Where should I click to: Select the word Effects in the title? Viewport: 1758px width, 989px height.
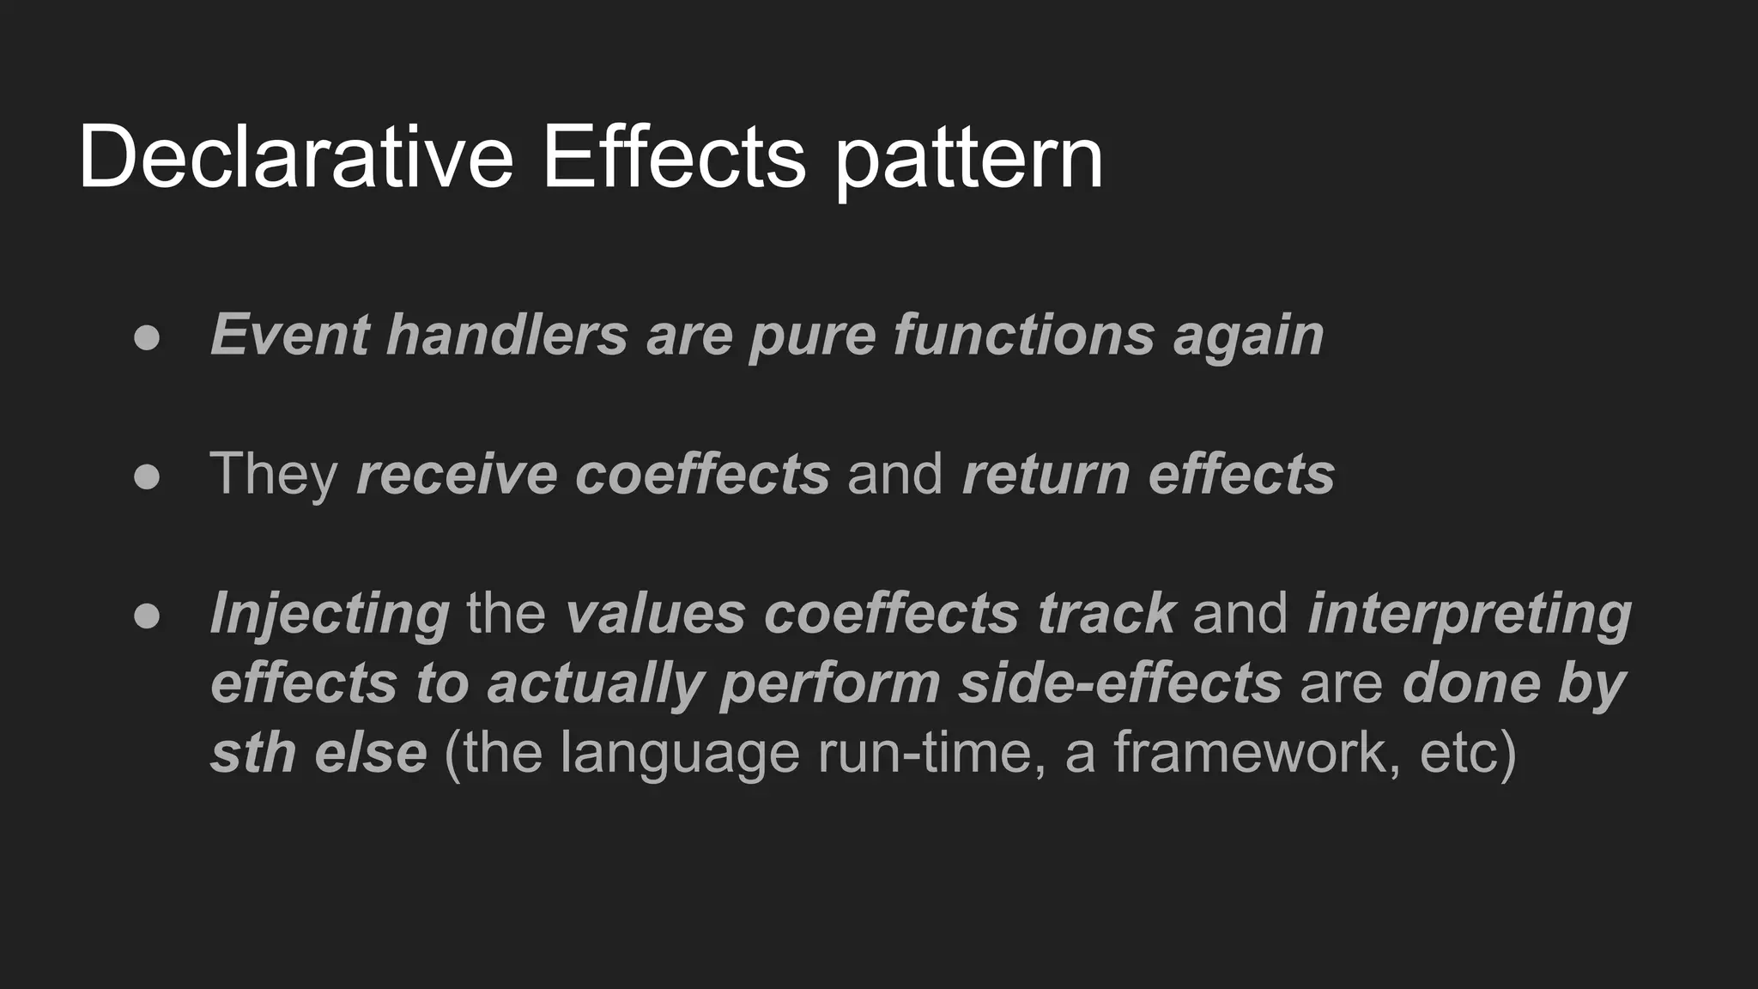point(674,157)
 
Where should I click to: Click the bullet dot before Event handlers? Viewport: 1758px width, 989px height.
point(147,337)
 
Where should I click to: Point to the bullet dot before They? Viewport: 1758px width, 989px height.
point(147,476)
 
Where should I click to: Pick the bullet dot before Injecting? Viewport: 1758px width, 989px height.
point(147,616)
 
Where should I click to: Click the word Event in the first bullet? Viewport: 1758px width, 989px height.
point(290,334)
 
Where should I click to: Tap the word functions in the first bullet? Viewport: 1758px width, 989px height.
point(1023,334)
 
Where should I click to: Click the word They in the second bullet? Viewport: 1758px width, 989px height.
point(274,475)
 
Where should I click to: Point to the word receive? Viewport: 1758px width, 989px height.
point(456,475)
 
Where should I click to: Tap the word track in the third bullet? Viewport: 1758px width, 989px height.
point(1106,614)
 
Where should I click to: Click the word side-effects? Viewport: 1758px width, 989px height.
point(1119,684)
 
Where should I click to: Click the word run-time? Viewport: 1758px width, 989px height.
point(931,753)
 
